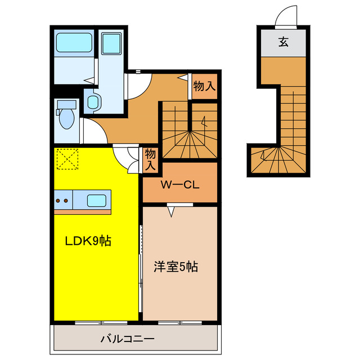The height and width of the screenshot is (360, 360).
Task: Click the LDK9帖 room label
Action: (x=88, y=241)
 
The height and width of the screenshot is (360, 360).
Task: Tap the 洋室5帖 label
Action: (x=175, y=267)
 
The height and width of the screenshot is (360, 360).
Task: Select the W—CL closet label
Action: (x=180, y=185)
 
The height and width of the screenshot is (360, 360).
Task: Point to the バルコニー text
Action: (x=128, y=339)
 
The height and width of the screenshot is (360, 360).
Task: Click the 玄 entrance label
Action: (x=283, y=42)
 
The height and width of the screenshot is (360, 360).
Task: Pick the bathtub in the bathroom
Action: (x=74, y=43)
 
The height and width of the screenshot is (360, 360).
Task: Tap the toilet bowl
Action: (x=66, y=119)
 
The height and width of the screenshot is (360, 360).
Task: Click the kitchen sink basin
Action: (x=96, y=201)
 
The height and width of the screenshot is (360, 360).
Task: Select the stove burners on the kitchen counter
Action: (x=62, y=201)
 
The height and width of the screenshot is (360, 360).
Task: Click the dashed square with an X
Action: (x=67, y=159)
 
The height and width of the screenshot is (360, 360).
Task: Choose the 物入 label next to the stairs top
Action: (x=204, y=86)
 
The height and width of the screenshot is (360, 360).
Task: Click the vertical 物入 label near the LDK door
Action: (x=150, y=159)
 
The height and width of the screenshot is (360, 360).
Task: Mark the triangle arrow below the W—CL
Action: (x=171, y=211)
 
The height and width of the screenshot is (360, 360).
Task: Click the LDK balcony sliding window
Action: (x=101, y=322)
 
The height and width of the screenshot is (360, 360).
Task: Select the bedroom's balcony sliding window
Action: (x=180, y=322)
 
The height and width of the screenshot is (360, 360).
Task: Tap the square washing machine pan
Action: (x=111, y=44)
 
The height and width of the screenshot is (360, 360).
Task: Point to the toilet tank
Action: (x=66, y=105)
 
